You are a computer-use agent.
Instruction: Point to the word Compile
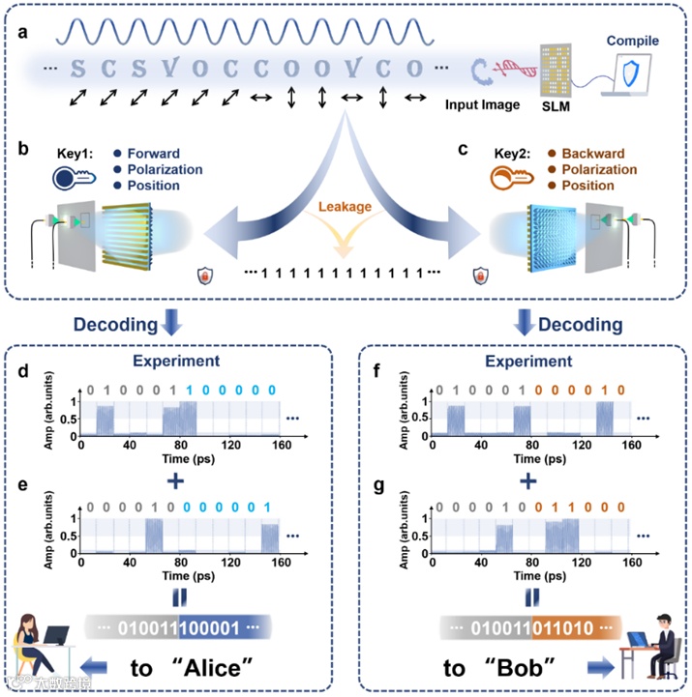click(632, 41)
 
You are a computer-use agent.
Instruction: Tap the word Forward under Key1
click(153, 153)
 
